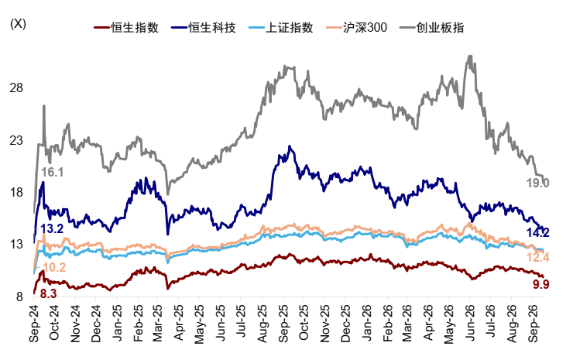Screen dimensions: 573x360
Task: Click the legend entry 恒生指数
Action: pyautogui.click(x=126, y=27)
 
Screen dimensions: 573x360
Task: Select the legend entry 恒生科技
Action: pyautogui.click(x=204, y=27)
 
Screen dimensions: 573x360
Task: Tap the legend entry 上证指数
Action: pyautogui.click(x=281, y=27)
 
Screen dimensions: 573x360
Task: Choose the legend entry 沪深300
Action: pyautogui.click(x=356, y=27)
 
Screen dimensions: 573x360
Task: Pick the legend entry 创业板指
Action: pyautogui.click(x=432, y=27)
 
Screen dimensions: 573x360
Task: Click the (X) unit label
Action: pyautogui.click(x=18, y=24)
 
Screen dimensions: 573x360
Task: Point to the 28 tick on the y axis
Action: pyautogui.click(x=16, y=87)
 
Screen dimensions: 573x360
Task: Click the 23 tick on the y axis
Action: pyautogui.click(x=16, y=140)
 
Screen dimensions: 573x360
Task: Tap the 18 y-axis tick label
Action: pyautogui.click(x=16, y=193)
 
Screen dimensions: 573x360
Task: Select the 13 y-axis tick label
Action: pyautogui.click(x=16, y=245)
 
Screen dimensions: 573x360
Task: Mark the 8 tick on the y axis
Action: pyautogui.click(x=19, y=297)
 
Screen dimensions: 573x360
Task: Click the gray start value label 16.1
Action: pyautogui.click(x=52, y=172)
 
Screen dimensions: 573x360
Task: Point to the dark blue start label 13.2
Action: pyautogui.click(x=52, y=229)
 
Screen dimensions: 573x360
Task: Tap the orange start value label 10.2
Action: pyautogui.click(x=54, y=268)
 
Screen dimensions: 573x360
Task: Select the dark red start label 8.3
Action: pyautogui.click(x=48, y=293)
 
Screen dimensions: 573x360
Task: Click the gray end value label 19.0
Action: pyautogui.click(x=537, y=183)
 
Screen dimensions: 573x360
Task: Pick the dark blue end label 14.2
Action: pyautogui.click(x=537, y=232)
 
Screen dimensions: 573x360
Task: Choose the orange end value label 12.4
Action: pyautogui.click(x=537, y=258)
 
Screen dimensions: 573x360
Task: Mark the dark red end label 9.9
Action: pyautogui.click(x=540, y=284)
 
